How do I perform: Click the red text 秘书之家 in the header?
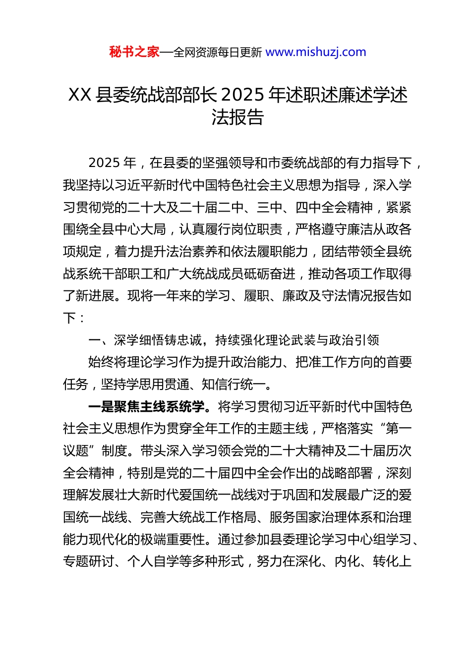pyautogui.click(x=134, y=52)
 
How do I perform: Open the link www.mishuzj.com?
pyautogui.click(x=316, y=52)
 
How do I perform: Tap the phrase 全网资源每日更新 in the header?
pyautogui.click(x=217, y=53)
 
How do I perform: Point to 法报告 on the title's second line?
pyautogui.click(x=237, y=117)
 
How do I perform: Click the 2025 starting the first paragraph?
pyautogui.click(x=105, y=163)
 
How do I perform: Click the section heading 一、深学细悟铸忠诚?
pyautogui.click(x=145, y=340)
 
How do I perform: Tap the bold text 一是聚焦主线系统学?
pyautogui.click(x=146, y=407)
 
